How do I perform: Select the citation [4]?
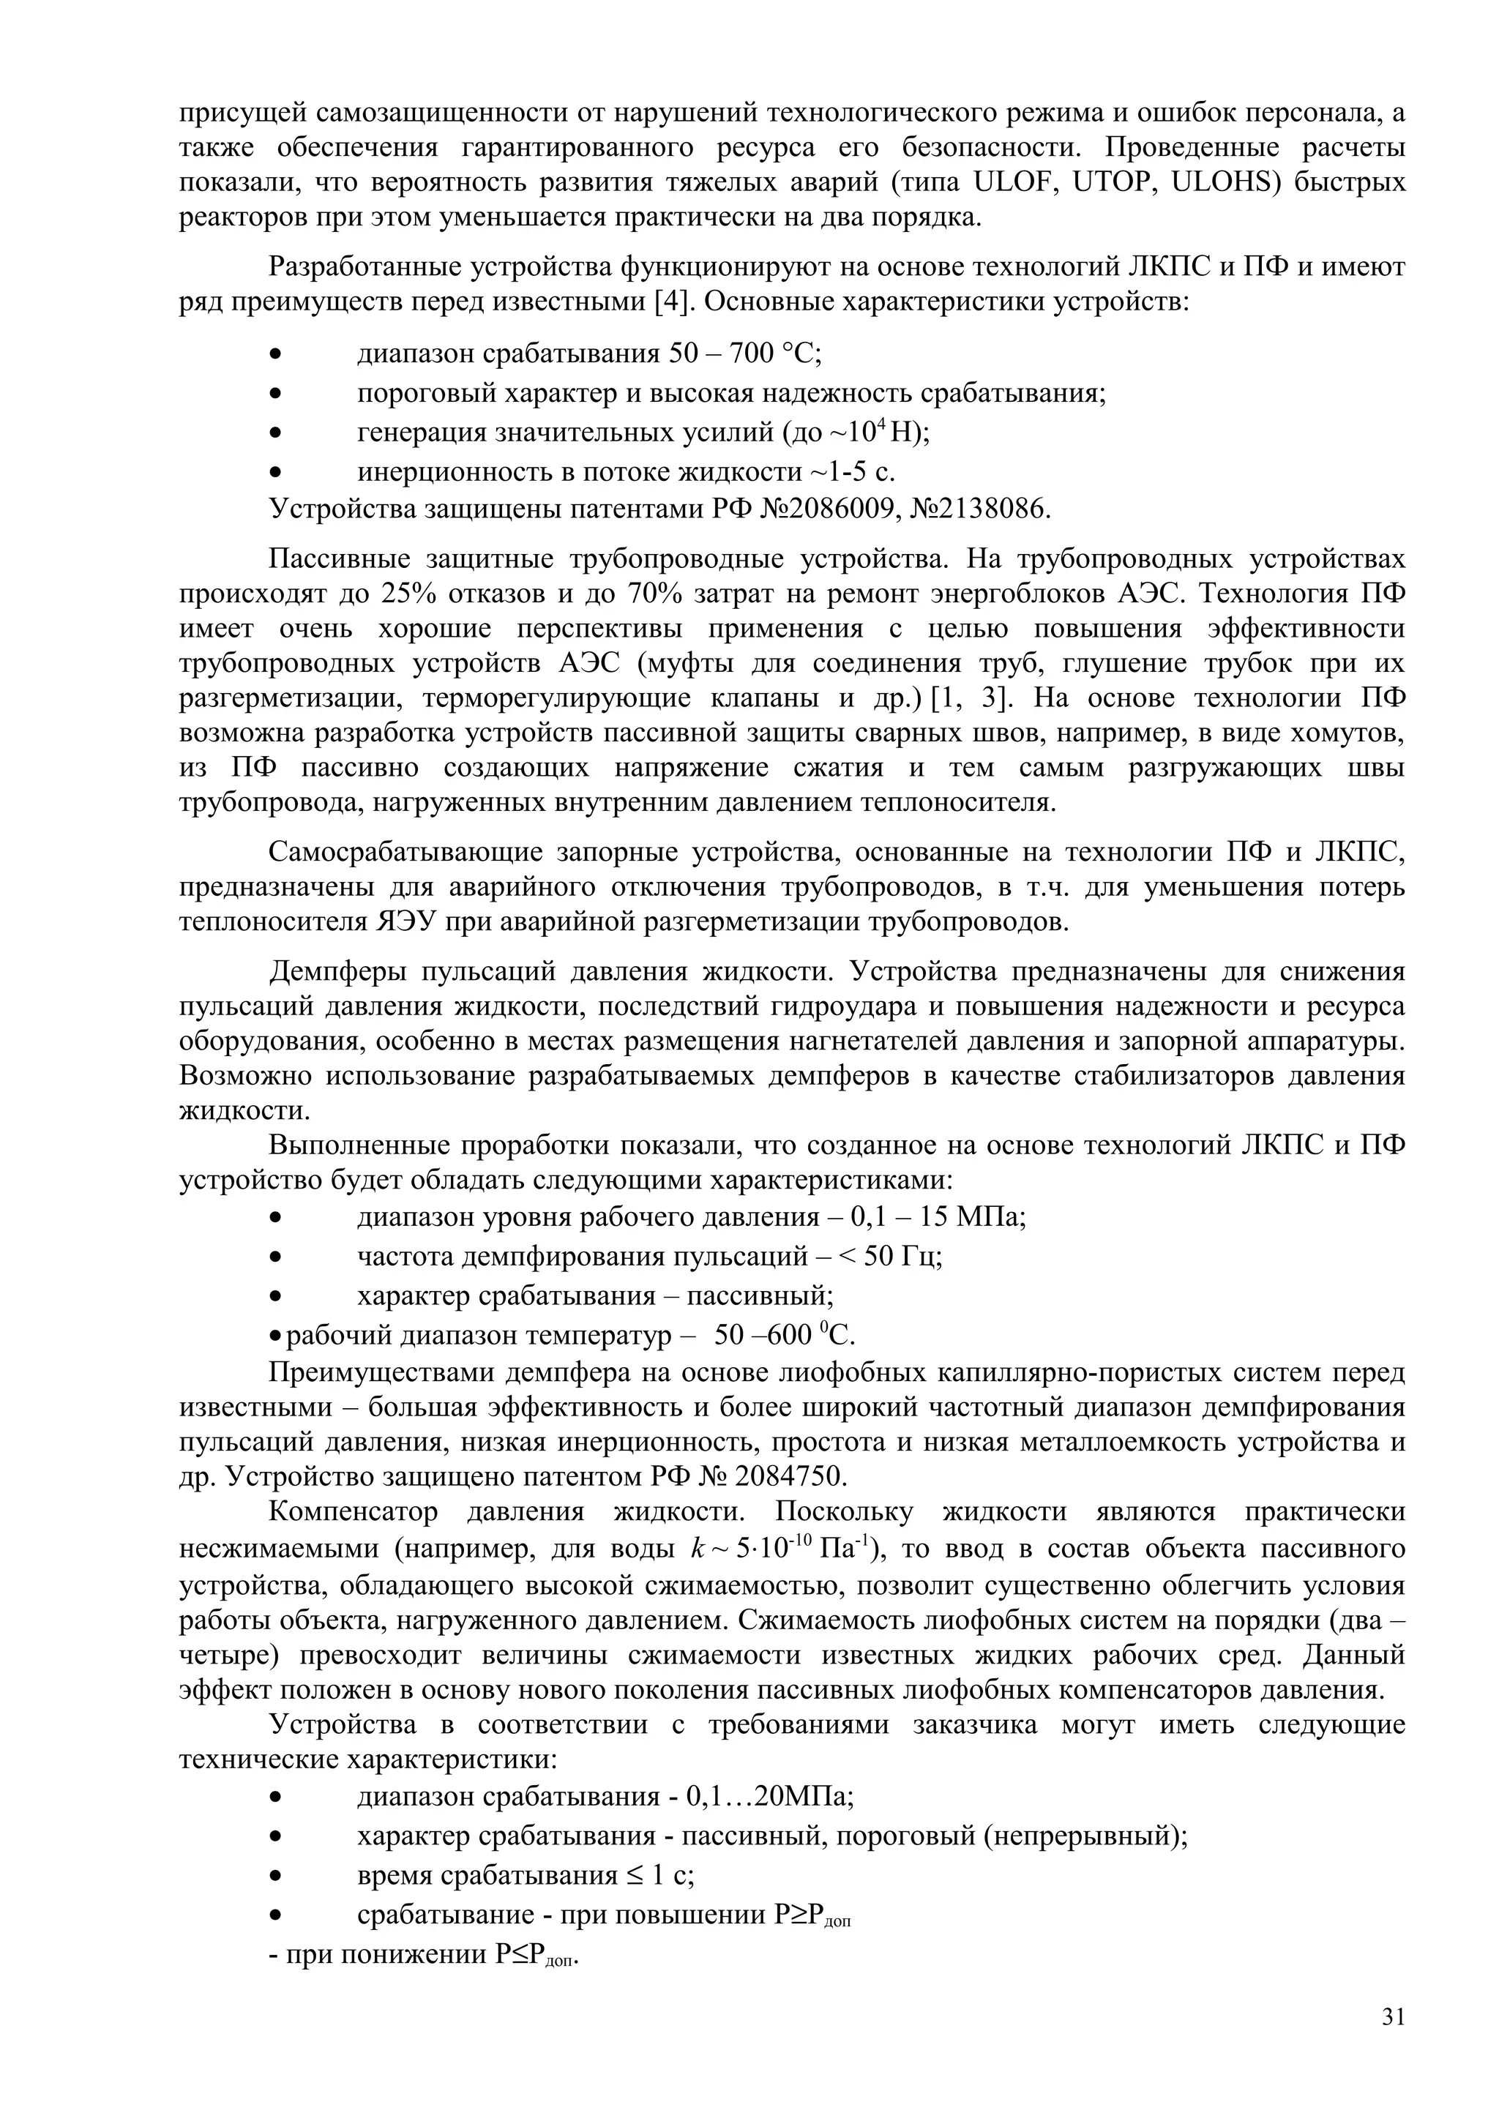[x=671, y=302]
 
